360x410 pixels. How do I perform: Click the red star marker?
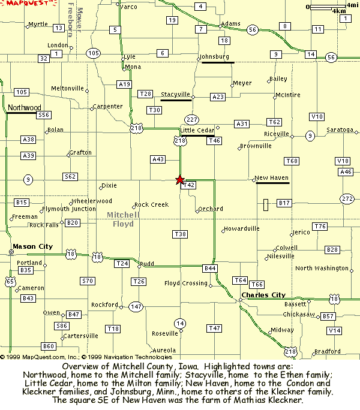(179, 179)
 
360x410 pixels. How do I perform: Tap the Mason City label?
(32, 246)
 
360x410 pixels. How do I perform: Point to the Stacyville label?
(175, 95)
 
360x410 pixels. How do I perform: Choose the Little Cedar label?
(197, 130)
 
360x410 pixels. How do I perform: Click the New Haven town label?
(272, 178)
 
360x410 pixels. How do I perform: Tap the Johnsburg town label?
(215, 57)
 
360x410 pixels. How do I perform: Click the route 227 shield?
(192, 119)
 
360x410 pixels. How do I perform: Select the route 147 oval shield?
(136, 306)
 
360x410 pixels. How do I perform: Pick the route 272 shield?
(347, 198)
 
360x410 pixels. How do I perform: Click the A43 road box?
(158, 159)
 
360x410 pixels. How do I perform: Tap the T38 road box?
(179, 233)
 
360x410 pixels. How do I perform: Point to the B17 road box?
(284, 204)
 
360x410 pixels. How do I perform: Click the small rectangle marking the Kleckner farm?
(265, 205)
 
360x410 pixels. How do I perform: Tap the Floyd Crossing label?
(186, 284)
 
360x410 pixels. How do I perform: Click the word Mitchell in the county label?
(123, 215)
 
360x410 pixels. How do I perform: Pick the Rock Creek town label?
(151, 205)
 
